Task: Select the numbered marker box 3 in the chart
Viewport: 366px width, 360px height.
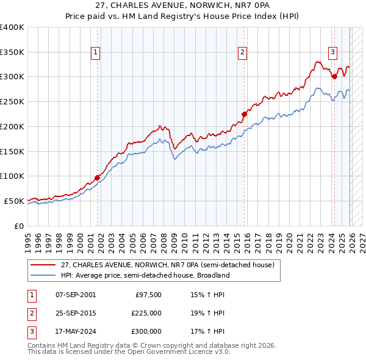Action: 332,52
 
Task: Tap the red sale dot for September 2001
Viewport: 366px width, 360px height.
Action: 97,178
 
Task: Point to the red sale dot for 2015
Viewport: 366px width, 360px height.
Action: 244,113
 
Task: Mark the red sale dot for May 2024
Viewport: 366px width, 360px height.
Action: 334,76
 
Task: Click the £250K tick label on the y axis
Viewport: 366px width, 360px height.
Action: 12,102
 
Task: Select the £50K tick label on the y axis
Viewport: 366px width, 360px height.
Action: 13,201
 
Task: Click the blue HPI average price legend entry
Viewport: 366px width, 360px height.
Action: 145,276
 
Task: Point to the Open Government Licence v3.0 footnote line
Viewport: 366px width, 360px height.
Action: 129,353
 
